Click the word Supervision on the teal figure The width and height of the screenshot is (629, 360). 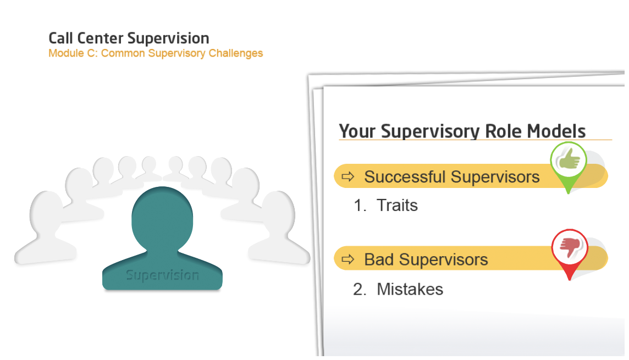pyautogui.click(x=162, y=275)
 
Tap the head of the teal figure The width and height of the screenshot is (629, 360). pyautogui.click(x=162, y=219)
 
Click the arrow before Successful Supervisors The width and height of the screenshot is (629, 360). pyautogui.click(x=348, y=176)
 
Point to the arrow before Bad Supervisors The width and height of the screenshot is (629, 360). pyautogui.click(x=348, y=259)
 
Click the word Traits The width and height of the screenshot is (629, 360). pyautogui.click(x=397, y=205)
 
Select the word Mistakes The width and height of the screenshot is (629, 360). pyautogui.click(x=410, y=289)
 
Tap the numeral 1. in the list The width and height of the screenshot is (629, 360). pyautogui.click(x=360, y=205)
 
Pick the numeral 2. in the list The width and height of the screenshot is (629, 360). pyautogui.click(x=360, y=289)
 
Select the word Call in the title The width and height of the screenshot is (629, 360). pyautogui.click(x=60, y=38)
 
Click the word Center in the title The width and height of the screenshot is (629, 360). pyautogui.click(x=100, y=38)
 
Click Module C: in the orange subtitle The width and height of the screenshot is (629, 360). pyautogui.click(x=73, y=53)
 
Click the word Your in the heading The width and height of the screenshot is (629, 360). pyautogui.click(x=357, y=131)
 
